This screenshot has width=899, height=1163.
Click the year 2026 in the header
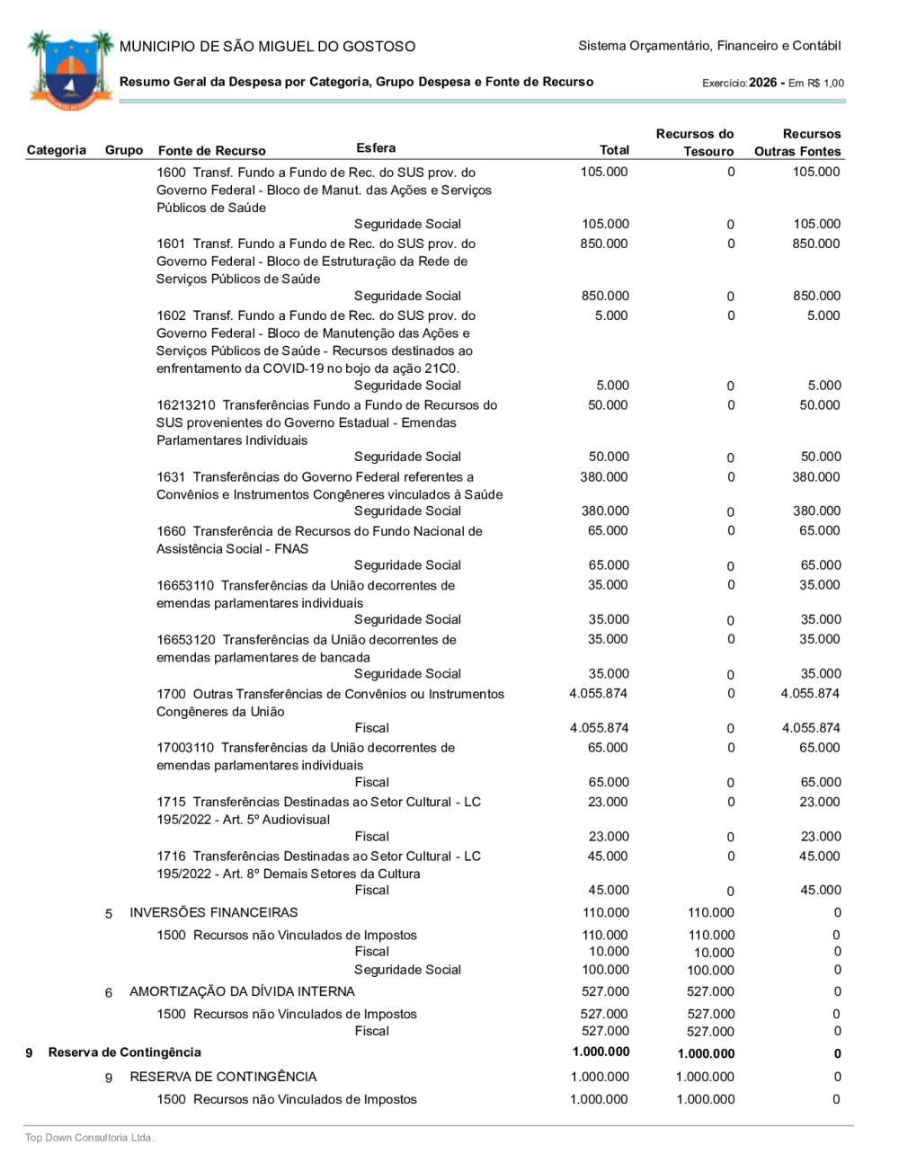(762, 83)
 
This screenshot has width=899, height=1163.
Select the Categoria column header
(57, 150)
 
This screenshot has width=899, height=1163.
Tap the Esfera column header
(376, 148)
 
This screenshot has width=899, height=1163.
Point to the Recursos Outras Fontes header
(798, 142)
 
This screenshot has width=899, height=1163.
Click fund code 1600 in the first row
(171, 173)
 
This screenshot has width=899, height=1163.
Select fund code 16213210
(185, 405)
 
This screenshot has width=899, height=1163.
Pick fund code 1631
(171, 477)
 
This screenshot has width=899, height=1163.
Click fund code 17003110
(185, 748)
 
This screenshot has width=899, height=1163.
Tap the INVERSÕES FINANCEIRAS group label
(213, 913)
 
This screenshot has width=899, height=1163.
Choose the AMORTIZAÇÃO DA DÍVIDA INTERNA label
(242, 992)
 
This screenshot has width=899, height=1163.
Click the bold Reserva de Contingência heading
(125, 1052)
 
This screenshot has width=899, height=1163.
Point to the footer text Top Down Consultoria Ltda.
(90, 1138)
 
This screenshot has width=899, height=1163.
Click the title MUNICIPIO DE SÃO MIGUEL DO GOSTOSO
(267, 47)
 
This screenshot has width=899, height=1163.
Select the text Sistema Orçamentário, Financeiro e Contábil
(709, 46)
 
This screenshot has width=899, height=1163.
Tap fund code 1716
(171, 857)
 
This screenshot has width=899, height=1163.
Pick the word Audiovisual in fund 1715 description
(296, 820)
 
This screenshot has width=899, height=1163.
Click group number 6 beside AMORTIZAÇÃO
(109, 993)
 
